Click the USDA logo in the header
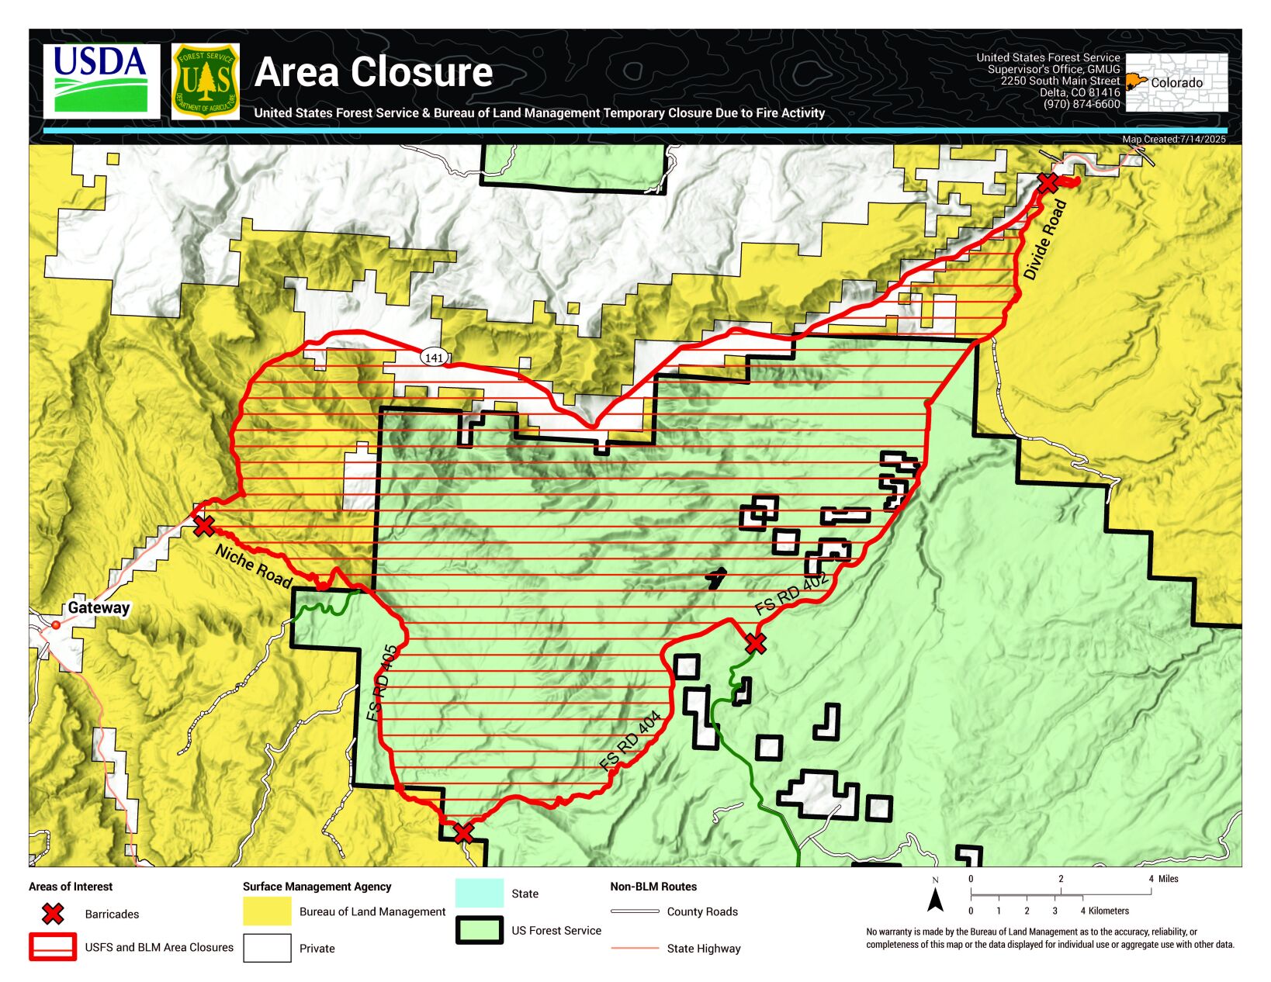(101, 81)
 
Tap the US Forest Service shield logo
(205, 81)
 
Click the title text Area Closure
(373, 72)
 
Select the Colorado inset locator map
(1176, 82)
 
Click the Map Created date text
(1173, 140)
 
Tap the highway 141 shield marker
(435, 358)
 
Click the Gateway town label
(99, 608)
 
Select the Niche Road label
(253, 566)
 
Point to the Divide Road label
(1044, 240)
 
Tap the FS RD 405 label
(383, 683)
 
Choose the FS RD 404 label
(630, 741)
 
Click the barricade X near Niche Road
(203, 526)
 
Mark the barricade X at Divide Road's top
(1048, 183)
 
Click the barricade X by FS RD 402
(755, 643)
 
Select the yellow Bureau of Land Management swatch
(267, 911)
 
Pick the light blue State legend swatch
(479, 893)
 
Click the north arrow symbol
(936, 899)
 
